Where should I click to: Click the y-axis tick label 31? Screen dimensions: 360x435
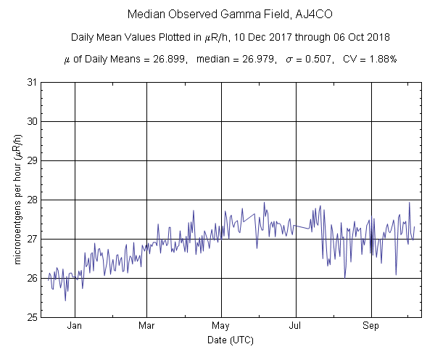(32, 82)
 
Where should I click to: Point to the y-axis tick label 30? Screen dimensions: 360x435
(32, 121)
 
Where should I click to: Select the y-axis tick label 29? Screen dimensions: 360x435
(32, 160)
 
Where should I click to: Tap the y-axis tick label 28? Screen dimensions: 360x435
(32, 200)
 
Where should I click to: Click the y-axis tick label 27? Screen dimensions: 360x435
(32, 239)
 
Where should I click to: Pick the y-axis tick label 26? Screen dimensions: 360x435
(32, 278)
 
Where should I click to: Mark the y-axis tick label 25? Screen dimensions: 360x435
(32, 317)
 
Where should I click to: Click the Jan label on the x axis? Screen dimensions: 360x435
(74, 326)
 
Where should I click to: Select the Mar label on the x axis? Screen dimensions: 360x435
(147, 326)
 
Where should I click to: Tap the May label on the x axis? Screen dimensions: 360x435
(222, 326)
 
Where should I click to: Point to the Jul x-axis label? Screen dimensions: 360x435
(295, 326)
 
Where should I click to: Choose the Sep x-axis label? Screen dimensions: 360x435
(371, 326)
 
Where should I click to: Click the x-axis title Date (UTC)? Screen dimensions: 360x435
(230, 340)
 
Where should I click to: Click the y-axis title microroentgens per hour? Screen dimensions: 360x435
(17, 200)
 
